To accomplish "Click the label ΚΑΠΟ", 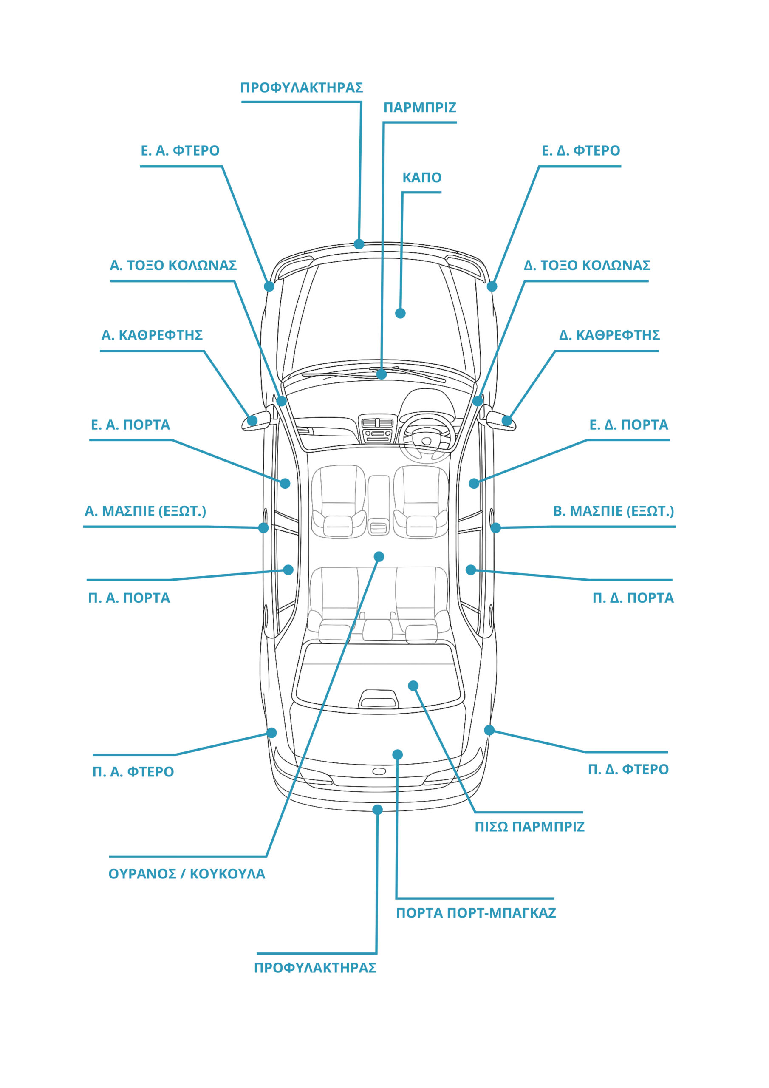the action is click(x=422, y=178).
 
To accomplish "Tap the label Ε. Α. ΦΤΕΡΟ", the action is click(x=180, y=151).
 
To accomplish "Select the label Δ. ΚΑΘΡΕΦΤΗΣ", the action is click(x=609, y=335).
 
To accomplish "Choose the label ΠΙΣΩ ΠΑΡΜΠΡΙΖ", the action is click(x=530, y=827).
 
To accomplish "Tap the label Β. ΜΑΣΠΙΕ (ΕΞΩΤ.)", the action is click(x=614, y=511).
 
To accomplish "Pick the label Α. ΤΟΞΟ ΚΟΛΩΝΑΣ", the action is click(x=173, y=265).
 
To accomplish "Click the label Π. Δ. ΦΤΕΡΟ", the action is click(x=628, y=770).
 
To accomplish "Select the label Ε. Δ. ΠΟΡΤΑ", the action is click(x=629, y=425).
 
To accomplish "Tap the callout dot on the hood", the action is click(x=400, y=313).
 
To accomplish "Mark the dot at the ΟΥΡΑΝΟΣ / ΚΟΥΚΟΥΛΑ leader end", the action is click(x=379, y=556).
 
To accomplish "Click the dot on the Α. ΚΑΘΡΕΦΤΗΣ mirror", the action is click(x=252, y=420).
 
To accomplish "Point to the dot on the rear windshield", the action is click(x=413, y=686).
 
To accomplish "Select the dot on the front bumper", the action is click(x=359, y=244).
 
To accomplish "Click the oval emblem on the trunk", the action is click(x=379, y=771).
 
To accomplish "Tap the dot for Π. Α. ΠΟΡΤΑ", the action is click(x=288, y=569).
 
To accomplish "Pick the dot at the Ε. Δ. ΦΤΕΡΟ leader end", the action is click(x=492, y=286).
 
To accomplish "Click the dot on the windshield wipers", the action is click(x=382, y=375).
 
